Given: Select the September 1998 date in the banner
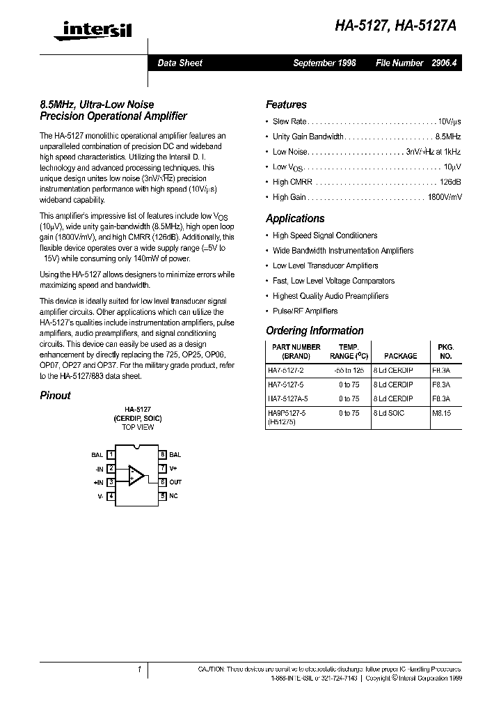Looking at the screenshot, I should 324,63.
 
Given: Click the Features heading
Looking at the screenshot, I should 286,105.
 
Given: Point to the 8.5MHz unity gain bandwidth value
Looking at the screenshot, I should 448,137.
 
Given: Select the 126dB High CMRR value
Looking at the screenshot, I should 450,182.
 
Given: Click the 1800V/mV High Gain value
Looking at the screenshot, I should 445,197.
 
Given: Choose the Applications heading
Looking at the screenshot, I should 295,219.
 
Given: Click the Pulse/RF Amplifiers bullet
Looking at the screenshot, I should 305,311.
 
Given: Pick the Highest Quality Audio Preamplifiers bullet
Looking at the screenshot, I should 330,296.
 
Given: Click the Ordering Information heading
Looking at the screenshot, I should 315,331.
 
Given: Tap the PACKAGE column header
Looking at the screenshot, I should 400,355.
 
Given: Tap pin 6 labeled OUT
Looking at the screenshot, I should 163,482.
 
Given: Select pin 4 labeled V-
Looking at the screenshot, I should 111,496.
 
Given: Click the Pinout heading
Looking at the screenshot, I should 55,396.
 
